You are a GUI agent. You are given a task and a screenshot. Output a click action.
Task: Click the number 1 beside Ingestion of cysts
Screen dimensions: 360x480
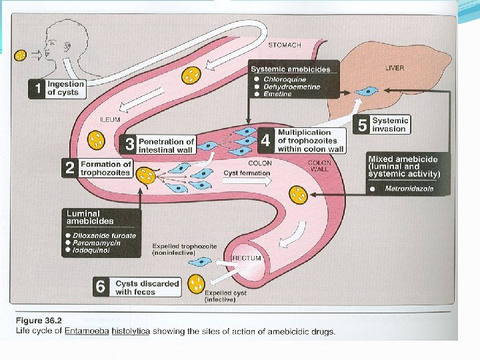click(x=37, y=89)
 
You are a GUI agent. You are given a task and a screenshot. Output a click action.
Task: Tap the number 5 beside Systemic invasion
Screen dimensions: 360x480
click(x=363, y=125)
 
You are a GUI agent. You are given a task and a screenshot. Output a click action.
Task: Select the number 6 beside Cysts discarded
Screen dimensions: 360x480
click(x=101, y=287)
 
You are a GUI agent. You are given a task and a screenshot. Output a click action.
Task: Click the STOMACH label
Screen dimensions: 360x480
click(x=285, y=45)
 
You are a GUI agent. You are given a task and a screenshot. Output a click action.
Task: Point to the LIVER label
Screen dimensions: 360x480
click(x=395, y=68)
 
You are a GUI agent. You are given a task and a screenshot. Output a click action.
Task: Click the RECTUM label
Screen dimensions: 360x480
click(x=247, y=257)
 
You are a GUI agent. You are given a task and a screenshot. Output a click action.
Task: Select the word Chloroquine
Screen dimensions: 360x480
click(x=285, y=80)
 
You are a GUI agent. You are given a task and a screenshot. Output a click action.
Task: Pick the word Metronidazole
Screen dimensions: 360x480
click(x=409, y=189)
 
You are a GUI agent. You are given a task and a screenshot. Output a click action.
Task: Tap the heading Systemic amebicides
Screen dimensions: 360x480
click(x=295, y=69)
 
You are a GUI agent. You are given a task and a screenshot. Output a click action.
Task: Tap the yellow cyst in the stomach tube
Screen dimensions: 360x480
click(x=191, y=75)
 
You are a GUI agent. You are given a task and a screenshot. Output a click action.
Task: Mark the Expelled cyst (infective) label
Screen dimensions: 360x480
click(x=220, y=296)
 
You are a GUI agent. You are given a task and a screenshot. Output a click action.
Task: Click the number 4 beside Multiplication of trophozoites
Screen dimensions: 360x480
click(x=266, y=141)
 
